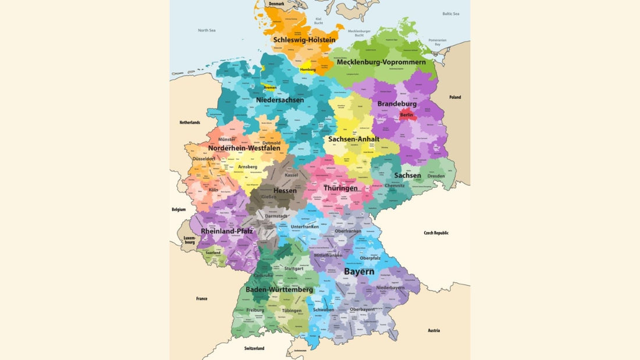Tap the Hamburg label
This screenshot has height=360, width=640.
pos(308,69)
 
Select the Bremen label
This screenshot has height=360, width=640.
pos(271,88)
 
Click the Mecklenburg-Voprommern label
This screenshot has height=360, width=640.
pos(381,62)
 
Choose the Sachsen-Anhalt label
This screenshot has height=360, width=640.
pos(354,139)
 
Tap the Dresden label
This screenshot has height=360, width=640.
pos(436,176)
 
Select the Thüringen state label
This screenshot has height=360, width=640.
pos(340,188)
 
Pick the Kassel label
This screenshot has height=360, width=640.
pos(291,175)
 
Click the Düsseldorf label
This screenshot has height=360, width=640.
pos(204,158)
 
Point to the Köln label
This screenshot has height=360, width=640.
pos(213,190)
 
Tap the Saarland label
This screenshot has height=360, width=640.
pos(212,253)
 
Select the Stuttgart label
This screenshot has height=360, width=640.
pos(294,269)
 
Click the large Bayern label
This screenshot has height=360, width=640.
pos(359,272)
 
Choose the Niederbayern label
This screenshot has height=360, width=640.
pos(390,287)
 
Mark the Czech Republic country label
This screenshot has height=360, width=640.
pos(436,233)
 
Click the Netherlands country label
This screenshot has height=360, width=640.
pos(190,123)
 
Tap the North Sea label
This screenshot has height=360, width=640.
pos(207,30)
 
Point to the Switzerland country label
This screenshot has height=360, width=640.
pos(254,348)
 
